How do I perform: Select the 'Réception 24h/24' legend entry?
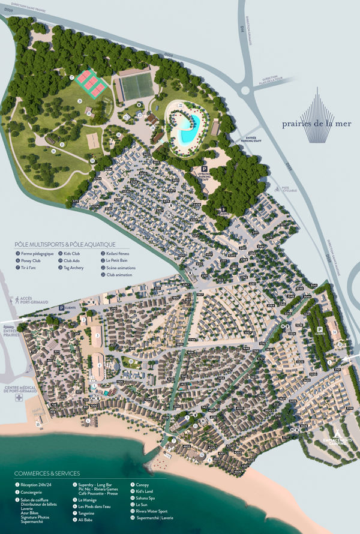click(x=37, y=485)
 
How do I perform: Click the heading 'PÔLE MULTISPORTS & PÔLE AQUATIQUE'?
click(x=65, y=244)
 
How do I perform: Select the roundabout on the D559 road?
click(x=245, y=91)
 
